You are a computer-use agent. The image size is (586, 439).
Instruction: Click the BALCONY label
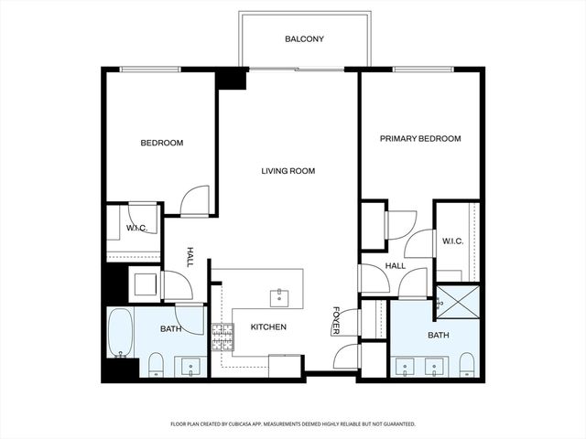304,39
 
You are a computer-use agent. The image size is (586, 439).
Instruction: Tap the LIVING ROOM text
288,171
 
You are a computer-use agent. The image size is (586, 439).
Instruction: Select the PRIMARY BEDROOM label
420,139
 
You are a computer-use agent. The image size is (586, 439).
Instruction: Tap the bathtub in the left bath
120,334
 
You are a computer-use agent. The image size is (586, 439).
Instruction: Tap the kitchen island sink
280,297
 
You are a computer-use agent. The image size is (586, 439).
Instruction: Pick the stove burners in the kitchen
222,337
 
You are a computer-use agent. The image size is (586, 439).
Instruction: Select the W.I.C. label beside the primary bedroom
452,241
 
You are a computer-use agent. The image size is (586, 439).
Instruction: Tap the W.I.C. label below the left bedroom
137,228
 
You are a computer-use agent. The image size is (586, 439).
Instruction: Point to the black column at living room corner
233,79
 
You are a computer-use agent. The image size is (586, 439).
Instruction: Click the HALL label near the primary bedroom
396,266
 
